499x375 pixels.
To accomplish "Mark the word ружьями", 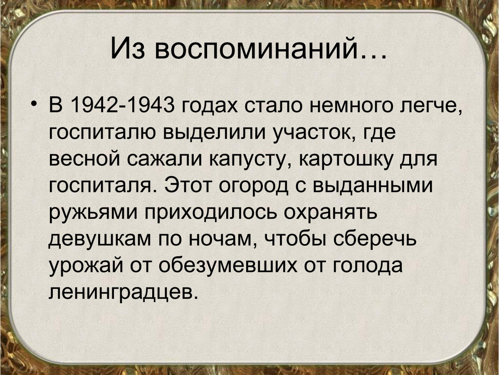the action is pos(93,213).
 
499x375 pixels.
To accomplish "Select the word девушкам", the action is pos(100,239).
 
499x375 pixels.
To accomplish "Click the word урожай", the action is pos(86,265).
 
